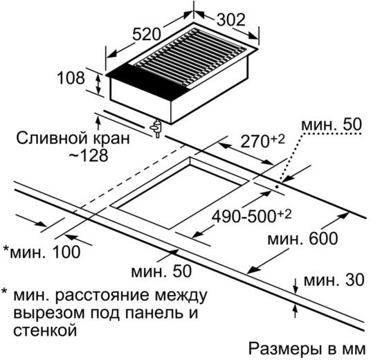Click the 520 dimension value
(x=147, y=34)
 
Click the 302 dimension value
(x=231, y=19)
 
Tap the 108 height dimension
(x=71, y=78)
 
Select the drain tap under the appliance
(x=156, y=129)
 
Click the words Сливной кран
(x=73, y=138)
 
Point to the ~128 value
(x=89, y=155)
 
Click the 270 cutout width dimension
(x=262, y=141)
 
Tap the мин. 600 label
(x=302, y=238)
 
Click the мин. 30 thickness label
(x=334, y=280)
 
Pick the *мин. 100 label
(x=42, y=252)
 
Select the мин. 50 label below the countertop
(x=161, y=271)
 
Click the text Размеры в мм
(x=307, y=348)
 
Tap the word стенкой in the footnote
(x=45, y=330)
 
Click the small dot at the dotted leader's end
(x=277, y=186)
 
